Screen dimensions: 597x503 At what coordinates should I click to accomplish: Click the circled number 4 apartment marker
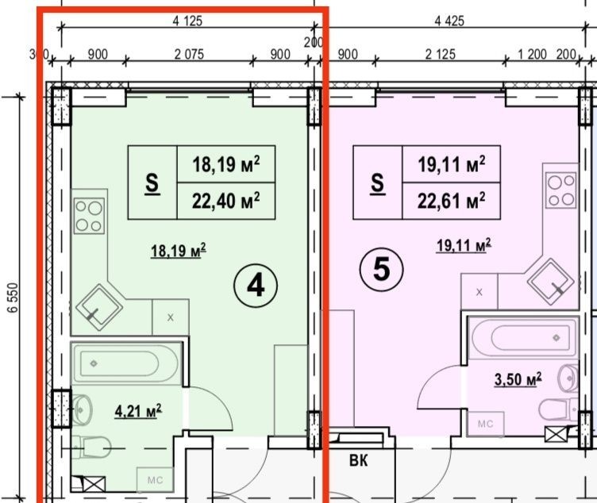[x=256, y=286]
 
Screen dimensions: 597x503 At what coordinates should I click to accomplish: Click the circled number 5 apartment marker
[x=382, y=270]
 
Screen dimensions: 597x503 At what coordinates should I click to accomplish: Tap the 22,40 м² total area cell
[x=226, y=201]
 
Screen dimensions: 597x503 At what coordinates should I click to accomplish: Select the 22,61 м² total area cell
[x=451, y=201]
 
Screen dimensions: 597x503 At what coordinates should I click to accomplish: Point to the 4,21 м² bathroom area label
[x=138, y=411]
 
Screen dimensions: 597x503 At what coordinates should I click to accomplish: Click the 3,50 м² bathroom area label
[x=518, y=379]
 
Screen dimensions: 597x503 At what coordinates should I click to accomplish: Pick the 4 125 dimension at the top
[x=187, y=21]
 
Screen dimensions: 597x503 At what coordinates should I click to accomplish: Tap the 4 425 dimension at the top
[x=449, y=21]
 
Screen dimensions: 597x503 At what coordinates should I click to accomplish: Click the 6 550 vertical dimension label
[x=13, y=298]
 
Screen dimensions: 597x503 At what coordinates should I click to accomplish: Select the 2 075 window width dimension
[x=189, y=55]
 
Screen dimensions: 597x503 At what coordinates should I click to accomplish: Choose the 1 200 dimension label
[x=532, y=55]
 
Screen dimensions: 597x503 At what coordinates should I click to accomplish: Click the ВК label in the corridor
[x=359, y=460]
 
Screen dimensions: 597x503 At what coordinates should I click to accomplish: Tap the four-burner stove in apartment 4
[x=90, y=216]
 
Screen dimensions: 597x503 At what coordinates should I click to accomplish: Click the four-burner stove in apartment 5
[x=560, y=190]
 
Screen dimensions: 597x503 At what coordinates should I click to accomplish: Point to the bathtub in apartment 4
[x=125, y=363]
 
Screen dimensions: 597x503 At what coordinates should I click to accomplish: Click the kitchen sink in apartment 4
[x=99, y=307]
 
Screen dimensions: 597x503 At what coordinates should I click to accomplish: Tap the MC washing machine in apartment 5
[x=485, y=424]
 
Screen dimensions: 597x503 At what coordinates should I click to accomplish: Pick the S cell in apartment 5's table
[x=378, y=182]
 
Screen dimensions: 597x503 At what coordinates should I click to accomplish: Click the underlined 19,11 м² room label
[x=464, y=245]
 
